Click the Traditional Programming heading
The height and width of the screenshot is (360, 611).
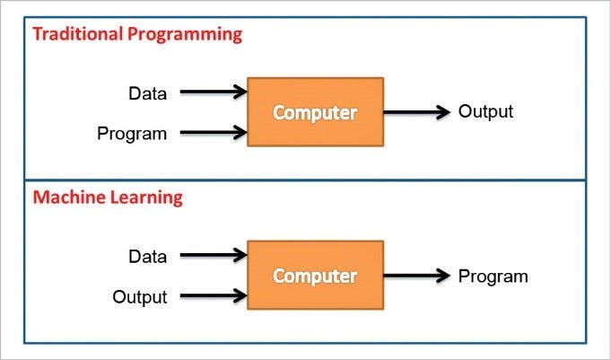(x=137, y=36)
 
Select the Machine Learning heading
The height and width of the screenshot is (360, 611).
(x=108, y=198)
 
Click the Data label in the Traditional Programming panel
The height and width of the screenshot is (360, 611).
(x=147, y=92)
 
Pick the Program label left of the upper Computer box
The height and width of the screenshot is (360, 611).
(x=132, y=134)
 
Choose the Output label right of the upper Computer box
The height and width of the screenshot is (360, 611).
(x=485, y=112)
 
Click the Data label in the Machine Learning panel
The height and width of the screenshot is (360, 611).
(x=147, y=256)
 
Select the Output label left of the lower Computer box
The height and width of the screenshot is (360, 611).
(x=140, y=296)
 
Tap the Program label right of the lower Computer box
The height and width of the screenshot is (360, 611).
(x=493, y=276)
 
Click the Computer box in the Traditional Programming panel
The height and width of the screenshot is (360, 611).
(x=315, y=113)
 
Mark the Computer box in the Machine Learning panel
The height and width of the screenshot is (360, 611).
(x=315, y=276)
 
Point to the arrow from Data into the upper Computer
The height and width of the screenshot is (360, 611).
(x=213, y=91)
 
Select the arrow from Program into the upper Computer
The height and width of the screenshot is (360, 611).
(x=213, y=133)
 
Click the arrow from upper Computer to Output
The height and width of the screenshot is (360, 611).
(x=416, y=113)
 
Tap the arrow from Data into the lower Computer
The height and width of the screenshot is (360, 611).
(x=213, y=255)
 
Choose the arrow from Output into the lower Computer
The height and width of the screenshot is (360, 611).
(x=213, y=295)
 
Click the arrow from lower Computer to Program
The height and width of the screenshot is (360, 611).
(x=416, y=276)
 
